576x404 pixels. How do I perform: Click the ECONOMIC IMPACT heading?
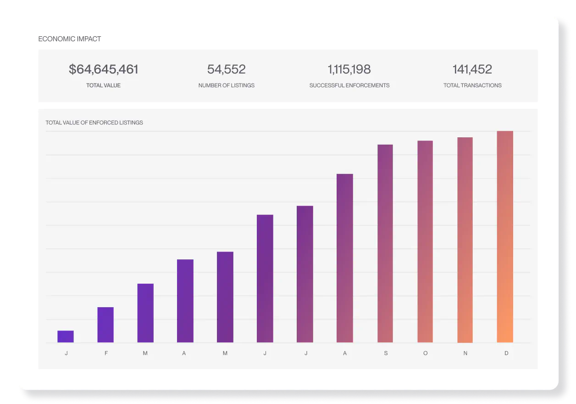(70, 39)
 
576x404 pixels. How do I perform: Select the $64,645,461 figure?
(103, 69)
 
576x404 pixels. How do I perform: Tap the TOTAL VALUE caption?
(103, 85)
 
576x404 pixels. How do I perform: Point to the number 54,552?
(226, 69)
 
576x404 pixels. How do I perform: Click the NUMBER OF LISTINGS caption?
(226, 85)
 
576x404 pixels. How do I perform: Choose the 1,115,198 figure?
(349, 69)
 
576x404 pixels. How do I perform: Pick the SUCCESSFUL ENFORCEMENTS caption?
(349, 85)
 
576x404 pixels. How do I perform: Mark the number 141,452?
(472, 69)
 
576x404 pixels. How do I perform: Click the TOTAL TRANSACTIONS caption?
(472, 85)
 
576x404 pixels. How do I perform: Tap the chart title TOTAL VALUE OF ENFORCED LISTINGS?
(94, 123)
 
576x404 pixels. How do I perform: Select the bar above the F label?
(105, 325)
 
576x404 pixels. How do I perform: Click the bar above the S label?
(385, 243)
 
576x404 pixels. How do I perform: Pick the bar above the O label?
(425, 241)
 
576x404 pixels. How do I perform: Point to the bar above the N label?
(465, 240)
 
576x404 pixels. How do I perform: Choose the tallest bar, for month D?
(505, 236)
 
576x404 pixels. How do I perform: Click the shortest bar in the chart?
(66, 337)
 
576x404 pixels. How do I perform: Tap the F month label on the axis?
(106, 353)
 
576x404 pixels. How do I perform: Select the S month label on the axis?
(386, 353)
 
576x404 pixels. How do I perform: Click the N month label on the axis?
(465, 353)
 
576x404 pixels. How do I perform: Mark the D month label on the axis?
(506, 353)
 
